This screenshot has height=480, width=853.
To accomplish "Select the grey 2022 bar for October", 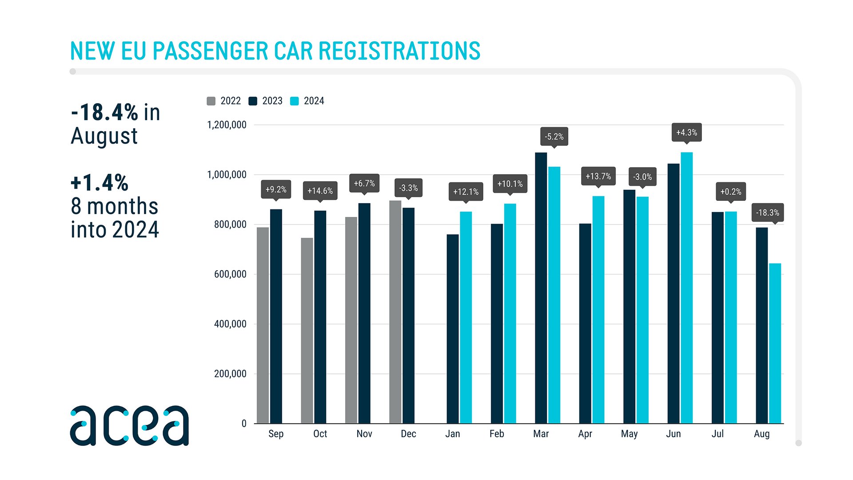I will click(x=307, y=331).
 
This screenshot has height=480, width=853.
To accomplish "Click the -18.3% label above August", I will click(x=767, y=213).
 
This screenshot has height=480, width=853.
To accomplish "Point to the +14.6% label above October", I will click(x=320, y=191).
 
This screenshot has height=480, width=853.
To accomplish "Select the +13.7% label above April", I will click(x=598, y=176).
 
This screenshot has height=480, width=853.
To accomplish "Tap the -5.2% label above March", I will click(x=554, y=137).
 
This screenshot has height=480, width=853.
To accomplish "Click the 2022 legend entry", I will click(x=224, y=101).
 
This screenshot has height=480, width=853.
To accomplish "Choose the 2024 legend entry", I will click(x=307, y=101).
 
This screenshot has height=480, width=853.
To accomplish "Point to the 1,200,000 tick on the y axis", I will click(x=227, y=125).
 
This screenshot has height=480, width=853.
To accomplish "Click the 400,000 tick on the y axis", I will click(x=230, y=324).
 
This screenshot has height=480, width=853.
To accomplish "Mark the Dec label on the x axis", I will click(x=408, y=434).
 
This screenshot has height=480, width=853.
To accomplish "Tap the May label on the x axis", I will click(x=629, y=434).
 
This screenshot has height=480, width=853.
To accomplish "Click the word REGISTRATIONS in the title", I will click(x=399, y=51).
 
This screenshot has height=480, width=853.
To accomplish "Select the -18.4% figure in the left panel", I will click(x=105, y=112).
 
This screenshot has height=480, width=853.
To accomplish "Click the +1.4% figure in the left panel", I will click(x=100, y=183).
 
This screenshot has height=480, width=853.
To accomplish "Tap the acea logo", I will click(x=129, y=425).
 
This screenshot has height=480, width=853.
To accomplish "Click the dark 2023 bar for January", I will click(x=453, y=329).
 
